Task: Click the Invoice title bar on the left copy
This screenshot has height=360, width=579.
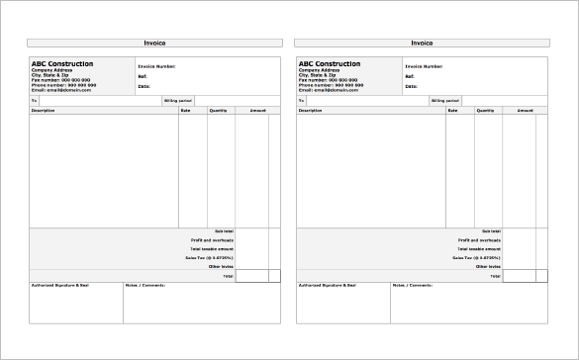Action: click(154, 43)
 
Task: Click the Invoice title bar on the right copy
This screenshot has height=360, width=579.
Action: click(422, 43)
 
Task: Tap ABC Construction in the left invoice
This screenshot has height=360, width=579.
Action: click(62, 64)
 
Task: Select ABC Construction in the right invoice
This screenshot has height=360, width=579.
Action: click(330, 64)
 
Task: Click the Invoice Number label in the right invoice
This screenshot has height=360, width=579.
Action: click(424, 66)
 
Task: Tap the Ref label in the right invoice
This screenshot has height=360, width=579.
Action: click(410, 76)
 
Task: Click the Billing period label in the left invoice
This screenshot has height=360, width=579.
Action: click(176, 101)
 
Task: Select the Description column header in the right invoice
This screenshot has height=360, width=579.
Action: click(311, 111)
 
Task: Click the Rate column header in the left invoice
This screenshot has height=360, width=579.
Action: click(185, 111)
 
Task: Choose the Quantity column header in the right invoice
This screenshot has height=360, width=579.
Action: click(485, 111)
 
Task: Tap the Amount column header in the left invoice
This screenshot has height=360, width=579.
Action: click(258, 111)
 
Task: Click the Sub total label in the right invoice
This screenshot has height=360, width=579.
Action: click(493, 230)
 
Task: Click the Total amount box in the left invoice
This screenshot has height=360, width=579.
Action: click(251, 275)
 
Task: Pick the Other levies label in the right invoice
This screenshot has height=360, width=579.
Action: click(488, 266)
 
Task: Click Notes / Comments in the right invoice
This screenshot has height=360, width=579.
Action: click(412, 286)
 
